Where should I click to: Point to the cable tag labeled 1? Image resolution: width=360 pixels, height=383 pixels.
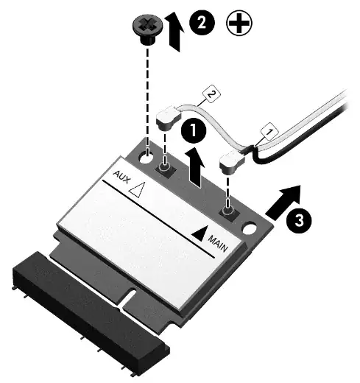[x=269, y=132]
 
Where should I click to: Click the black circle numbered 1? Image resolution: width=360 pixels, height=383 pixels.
[x=194, y=132]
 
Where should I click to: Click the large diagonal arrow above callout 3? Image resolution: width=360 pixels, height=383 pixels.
[x=283, y=202]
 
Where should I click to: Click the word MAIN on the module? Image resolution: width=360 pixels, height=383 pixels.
[x=216, y=241]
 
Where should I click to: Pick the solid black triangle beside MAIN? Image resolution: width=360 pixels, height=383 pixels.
[x=197, y=232]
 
